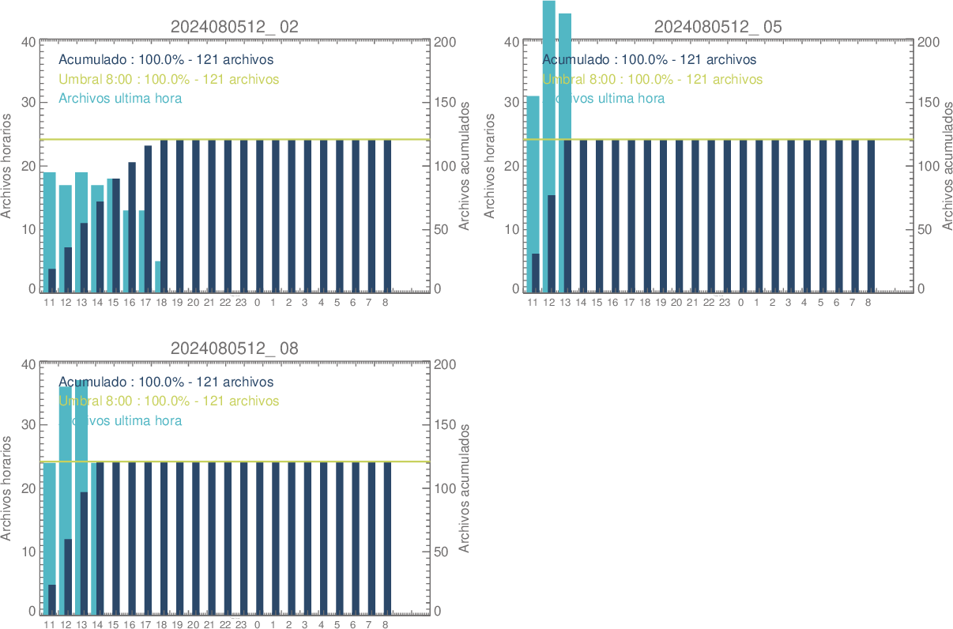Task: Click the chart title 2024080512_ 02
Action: click(x=235, y=26)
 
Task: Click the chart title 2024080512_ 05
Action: click(x=718, y=26)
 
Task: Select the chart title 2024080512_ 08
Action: click(x=235, y=348)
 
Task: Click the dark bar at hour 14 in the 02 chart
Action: click(x=100, y=246)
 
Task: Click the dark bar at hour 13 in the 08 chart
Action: click(x=84, y=552)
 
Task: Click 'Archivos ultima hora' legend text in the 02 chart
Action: click(x=121, y=99)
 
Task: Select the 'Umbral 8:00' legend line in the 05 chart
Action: click(x=652, y=79)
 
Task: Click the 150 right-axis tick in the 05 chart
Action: click(x=926, y=102)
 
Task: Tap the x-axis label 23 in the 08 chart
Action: click(x=241, y=624)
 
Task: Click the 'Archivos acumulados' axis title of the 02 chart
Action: click(x=465, y=166)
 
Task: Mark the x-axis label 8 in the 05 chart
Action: click(x=868, y=302)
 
